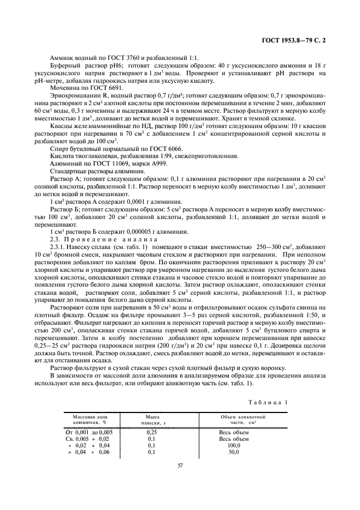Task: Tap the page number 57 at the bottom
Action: click(180, 465)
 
